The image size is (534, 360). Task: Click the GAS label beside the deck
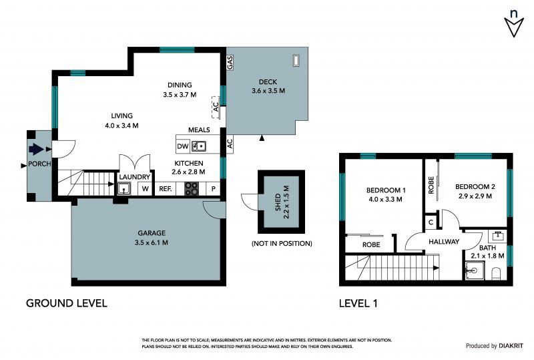(230, 63)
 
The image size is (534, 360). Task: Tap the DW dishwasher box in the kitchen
(183, 146)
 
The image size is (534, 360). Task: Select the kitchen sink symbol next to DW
(198, 146)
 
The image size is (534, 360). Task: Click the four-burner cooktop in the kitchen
(192, 189)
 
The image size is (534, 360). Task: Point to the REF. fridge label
(166, 188)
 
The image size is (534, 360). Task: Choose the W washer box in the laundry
(146, 188)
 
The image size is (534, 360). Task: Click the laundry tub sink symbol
(124, 188)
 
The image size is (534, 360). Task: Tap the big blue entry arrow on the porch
(37, 149)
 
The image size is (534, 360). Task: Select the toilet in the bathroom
(497, 273)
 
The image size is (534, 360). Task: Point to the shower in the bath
(475, 271)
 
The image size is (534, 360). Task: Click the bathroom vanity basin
(497, 236)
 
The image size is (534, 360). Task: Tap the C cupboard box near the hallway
(431, 222)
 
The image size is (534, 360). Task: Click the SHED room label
(278, 202)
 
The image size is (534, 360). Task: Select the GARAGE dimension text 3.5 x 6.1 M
(152, 242)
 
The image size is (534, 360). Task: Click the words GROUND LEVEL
(67, 303)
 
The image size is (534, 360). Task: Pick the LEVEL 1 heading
(358, 303)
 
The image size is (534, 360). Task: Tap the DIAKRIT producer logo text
(511, 346)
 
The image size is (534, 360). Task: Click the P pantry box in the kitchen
(214, 188)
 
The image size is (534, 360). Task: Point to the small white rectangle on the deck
(296, 60)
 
